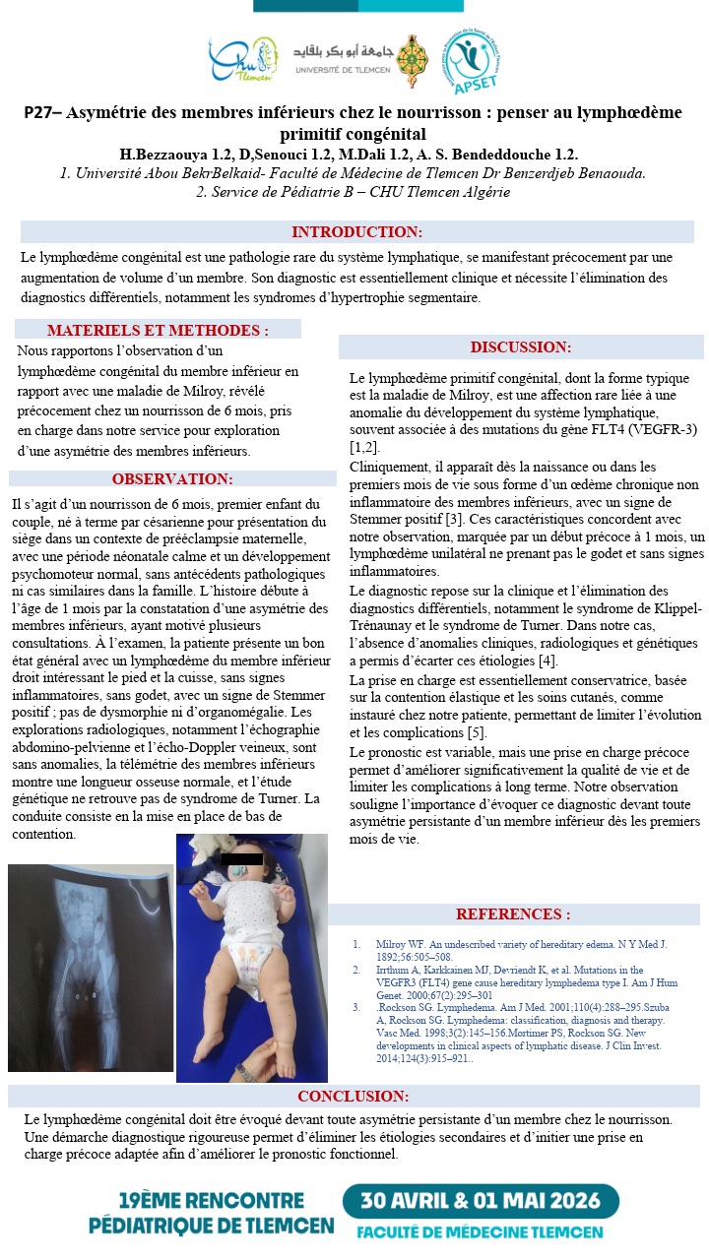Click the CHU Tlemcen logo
(x=242, y=60)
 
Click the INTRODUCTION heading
(x=356, y=232)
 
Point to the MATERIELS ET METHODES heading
(x=158, y=331)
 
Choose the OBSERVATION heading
(x=172, y=479)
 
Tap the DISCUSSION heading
(x=520, y=347)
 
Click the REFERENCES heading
(x=512, y=914)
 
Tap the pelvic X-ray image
(x=91, y=968)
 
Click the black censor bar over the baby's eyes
(x=242, y=860)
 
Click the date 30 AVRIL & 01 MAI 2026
(x=481, y=1201)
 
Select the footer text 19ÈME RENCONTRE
(x=211, y=1201)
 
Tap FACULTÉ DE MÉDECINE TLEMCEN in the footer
(x=480, y=1232)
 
